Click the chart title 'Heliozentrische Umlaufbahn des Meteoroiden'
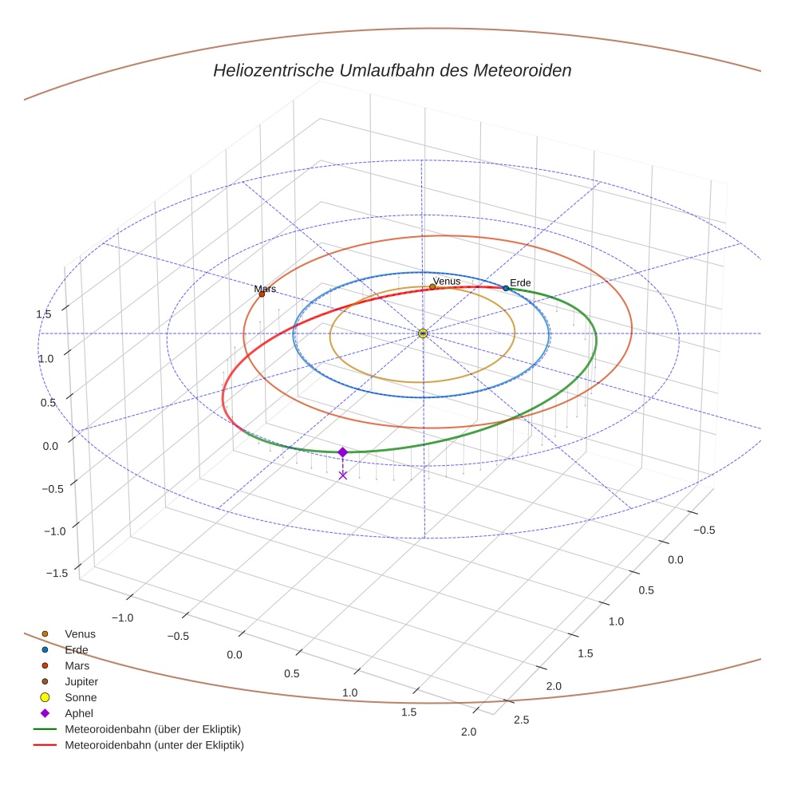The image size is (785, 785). (392, 70)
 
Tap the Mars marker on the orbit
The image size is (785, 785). (262, 294)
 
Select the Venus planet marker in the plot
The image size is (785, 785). (432, 286)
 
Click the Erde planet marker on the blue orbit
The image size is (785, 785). (506, 288)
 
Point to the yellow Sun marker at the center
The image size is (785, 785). (423, 333)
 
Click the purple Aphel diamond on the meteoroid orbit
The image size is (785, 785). (343, 452)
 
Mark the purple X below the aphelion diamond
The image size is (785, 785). (343, 475)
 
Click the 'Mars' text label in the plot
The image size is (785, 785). (265, 289)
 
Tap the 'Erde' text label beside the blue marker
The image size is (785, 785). (520, 283)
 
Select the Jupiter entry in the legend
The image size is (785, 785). (81, 682)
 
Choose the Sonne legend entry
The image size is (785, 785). (80, 698)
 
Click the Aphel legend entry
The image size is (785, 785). (78, 713)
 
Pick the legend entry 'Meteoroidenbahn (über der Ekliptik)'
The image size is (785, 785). (152, 729)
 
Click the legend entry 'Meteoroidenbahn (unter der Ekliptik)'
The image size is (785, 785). (154, 745)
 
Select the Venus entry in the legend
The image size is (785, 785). (80, 634)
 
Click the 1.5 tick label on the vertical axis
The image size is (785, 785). (43, 314)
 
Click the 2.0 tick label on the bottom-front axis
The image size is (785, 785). (468, 732)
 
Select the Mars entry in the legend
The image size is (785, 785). (77, 666)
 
